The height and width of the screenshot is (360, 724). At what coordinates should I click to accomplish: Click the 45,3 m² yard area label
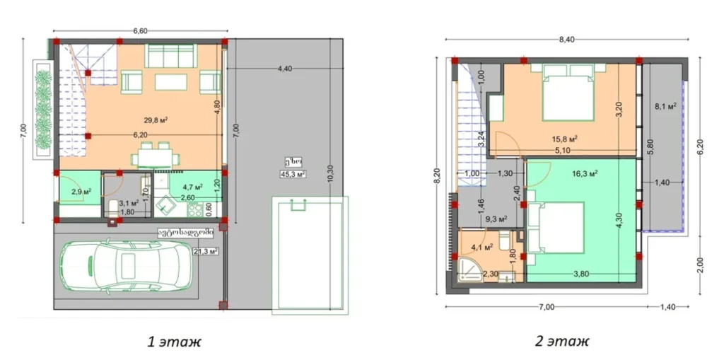point(293,173)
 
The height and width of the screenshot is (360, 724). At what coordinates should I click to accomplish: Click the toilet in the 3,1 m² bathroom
point(113,209)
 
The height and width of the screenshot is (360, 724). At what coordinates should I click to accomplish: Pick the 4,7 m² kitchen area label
point(192,187)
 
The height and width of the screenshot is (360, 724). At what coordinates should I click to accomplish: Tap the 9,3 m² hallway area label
point(497,219)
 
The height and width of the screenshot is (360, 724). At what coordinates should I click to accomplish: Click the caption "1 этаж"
point(174,341)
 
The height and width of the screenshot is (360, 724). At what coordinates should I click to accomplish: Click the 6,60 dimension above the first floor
point(140,30)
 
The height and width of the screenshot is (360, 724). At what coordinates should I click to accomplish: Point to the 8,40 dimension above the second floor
point(566,40)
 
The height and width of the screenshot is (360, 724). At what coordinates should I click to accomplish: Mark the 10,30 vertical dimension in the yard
point(329,174)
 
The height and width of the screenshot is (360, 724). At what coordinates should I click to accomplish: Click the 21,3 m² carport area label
point(206,250)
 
